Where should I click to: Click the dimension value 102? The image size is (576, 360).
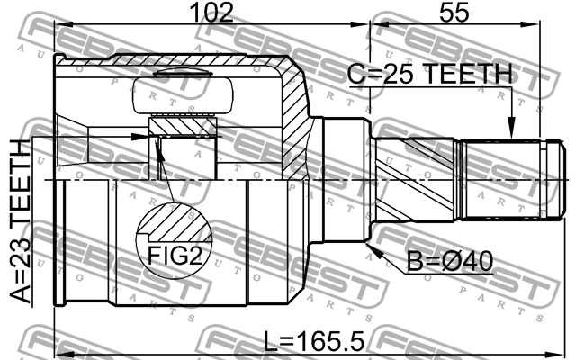[x=213, y=13]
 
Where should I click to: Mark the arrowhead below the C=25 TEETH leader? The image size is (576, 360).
[x=511, y=132]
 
